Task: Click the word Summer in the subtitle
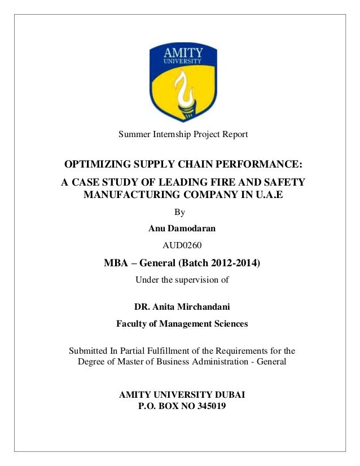pyautogui.click(x=130, y=135)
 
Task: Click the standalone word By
pyautogui.click(x=180, y=213)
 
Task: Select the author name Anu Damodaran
pyautogui.click(x=180, y=228)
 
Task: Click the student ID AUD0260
pyautogui.click(x=180, y=244)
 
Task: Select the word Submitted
pyautogui.click(x=88, y=349)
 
